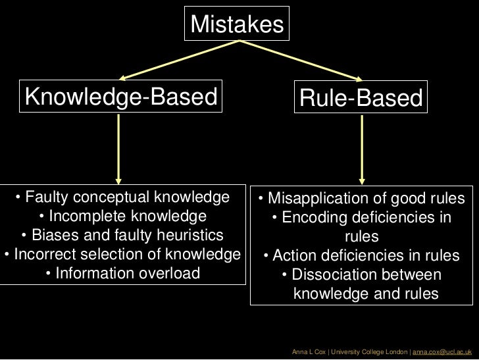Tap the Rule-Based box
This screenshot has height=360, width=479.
[x=360, y=99]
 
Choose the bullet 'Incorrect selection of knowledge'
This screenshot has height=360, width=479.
[x=122, y=254]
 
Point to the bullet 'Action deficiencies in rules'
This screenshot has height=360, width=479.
[x=361, y=256]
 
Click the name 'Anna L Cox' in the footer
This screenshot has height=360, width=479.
[x=308, y=353]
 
